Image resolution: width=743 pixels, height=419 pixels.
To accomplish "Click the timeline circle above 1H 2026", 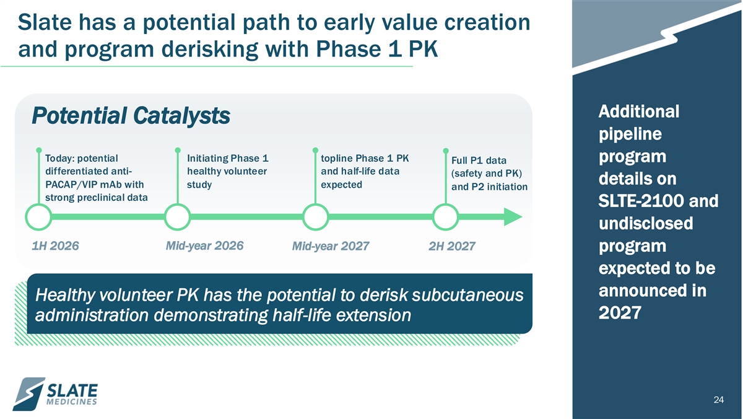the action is pos(38,205).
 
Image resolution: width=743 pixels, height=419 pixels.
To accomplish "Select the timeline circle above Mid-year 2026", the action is pos(178,205).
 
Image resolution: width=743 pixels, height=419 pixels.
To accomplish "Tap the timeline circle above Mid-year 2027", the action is pos(315,205).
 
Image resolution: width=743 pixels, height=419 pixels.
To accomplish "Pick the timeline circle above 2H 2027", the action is pos(446,205).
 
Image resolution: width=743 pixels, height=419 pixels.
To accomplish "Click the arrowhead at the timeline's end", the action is pos(513,217).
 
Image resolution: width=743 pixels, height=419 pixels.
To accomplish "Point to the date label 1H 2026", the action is pos(55,246).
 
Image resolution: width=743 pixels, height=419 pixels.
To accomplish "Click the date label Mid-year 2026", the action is pos(205,246).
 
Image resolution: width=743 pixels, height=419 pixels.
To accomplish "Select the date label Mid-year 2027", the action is pos(331,246).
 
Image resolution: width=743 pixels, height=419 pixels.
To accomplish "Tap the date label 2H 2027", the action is pos(452,246).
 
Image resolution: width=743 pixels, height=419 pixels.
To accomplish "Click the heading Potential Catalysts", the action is pos(131,115).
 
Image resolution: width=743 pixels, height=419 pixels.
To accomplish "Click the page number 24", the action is pos(718,400).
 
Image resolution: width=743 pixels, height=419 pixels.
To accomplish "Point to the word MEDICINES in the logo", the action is pos(72,402).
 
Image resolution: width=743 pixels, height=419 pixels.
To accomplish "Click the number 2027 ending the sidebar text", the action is pos(620,313).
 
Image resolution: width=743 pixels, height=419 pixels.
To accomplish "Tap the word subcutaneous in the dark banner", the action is pos(467,294).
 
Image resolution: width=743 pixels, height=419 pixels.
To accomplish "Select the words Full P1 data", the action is pos(479,161).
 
